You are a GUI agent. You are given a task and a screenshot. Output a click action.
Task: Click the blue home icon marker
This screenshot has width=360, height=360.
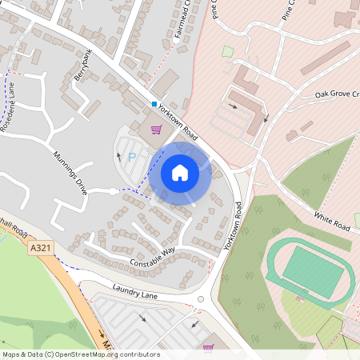click(180, 173)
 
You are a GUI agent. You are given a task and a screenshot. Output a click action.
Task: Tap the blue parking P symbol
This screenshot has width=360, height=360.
click(132, 157)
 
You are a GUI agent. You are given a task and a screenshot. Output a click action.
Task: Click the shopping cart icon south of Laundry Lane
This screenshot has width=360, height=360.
click(208, 347)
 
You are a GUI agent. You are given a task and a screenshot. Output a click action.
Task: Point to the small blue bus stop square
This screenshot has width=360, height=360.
click(154, 103)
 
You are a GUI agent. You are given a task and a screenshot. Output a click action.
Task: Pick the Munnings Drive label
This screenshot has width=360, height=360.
click(70, 168)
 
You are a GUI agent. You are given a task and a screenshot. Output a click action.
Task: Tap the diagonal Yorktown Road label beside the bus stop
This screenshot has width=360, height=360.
click(178, 116)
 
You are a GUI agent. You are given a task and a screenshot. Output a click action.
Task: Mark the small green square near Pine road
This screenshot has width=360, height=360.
click(227, 51)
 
